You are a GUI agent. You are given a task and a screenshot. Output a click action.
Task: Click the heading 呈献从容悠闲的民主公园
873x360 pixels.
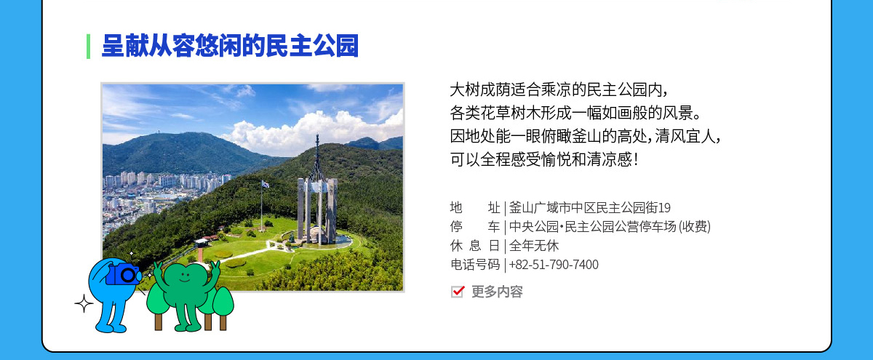tap(230, 46)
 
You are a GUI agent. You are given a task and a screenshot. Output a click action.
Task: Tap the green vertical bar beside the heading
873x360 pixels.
tap(89, 47)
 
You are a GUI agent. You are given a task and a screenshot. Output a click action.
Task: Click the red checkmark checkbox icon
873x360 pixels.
tap(458, 292)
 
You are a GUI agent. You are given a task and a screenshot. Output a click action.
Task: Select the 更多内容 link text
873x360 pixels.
tap(497, 292)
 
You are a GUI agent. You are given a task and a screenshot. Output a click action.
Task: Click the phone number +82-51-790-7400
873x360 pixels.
tap(554, 265)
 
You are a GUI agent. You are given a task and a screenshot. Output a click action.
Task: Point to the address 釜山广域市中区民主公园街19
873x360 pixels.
tap(590, 208)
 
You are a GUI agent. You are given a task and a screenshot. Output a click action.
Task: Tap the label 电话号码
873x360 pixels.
tap(475, 265)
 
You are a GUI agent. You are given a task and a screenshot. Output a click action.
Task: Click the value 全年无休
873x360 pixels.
tap(533, 246)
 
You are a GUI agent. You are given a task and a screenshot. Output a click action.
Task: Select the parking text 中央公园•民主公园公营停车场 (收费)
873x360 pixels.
tap(610, 227)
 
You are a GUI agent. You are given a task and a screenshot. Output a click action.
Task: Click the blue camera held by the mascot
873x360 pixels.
tap(123, 274)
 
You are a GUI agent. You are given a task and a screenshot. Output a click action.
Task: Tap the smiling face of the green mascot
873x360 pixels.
tap(185, 276)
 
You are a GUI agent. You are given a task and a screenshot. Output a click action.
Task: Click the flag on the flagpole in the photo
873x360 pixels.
tap(266, 184)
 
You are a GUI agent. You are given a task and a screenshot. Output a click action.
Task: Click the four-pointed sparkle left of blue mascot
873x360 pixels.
tap(84, 303)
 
